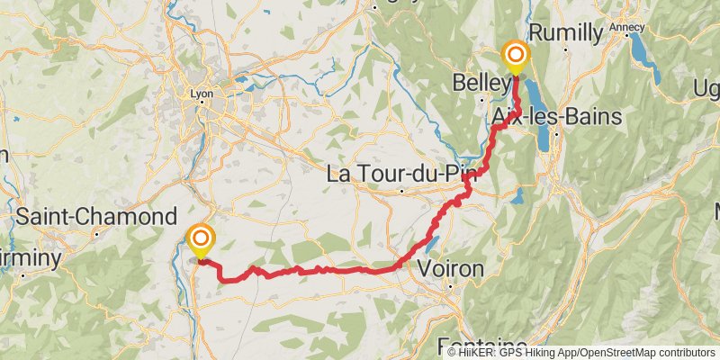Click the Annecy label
coord(626,27)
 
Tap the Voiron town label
coord(451,268)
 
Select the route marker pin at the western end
coord(200,239)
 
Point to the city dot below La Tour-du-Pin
coord(401,190)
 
